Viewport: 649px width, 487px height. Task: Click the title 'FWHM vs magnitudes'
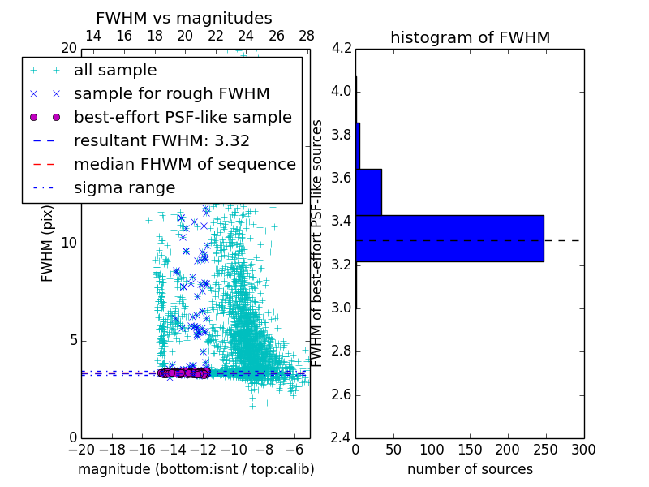click(x=184, y=18)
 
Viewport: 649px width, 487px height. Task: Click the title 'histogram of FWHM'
click(x=470, y=37)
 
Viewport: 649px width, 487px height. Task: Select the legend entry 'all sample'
click(x=115, y=71)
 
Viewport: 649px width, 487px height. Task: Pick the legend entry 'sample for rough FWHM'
click(x=171, y=94)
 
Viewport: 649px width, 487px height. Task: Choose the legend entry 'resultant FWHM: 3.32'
click(x=161, y=140)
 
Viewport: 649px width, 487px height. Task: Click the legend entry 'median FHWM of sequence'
click(x=184, y=164)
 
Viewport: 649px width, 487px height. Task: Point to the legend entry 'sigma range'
click(x=124, y=187)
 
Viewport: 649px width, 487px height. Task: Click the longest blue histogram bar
click(x=449, y=238)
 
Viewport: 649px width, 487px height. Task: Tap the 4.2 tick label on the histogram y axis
click(x=342, y=48)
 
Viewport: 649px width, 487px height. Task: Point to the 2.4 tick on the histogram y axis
click(x=342, y=437)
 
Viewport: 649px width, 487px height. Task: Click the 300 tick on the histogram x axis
click(x=583, y=449)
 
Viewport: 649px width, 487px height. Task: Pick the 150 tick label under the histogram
click(x=470, y=449)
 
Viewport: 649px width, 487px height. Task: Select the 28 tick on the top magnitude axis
click(x=307, y=36)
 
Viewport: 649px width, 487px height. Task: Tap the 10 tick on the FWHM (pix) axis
click(x=68, y=243)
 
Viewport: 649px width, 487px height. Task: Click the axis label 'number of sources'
click(x=470, y=469)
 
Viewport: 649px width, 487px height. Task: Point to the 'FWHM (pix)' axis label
click(x=48, y=243)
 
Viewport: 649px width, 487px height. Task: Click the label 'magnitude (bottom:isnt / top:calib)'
click(x=196, y=469)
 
